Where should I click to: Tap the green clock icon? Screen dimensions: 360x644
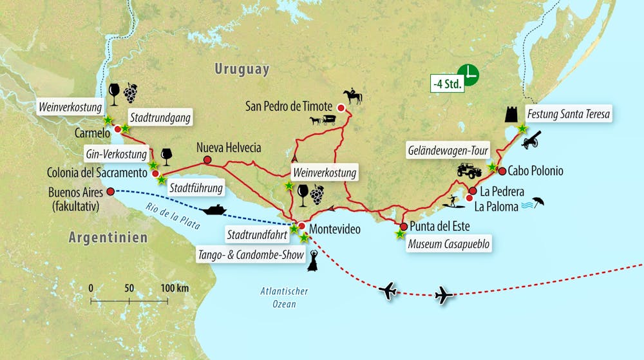(x=468, y=75)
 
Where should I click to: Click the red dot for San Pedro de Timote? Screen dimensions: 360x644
(x=341, y=108)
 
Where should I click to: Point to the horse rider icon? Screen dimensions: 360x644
(x=353, y=97)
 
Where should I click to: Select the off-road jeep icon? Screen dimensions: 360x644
(x=469, y=170)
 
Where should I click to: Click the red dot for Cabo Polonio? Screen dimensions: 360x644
(x=502, y=171)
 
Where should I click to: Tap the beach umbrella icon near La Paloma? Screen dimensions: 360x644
(x=538, y=203)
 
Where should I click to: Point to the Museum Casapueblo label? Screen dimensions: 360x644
(x=448, y=245)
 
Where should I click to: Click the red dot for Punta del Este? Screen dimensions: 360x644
(x=403, y=227)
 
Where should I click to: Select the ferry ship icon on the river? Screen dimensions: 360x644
(x=213, y=210)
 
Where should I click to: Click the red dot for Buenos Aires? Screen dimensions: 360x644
(x=110, y=191)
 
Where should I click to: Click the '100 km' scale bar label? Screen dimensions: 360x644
(x=175, y=288)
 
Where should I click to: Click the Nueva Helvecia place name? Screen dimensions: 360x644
(x=229, y=148)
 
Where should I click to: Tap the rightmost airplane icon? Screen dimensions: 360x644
(x=444, y=296)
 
